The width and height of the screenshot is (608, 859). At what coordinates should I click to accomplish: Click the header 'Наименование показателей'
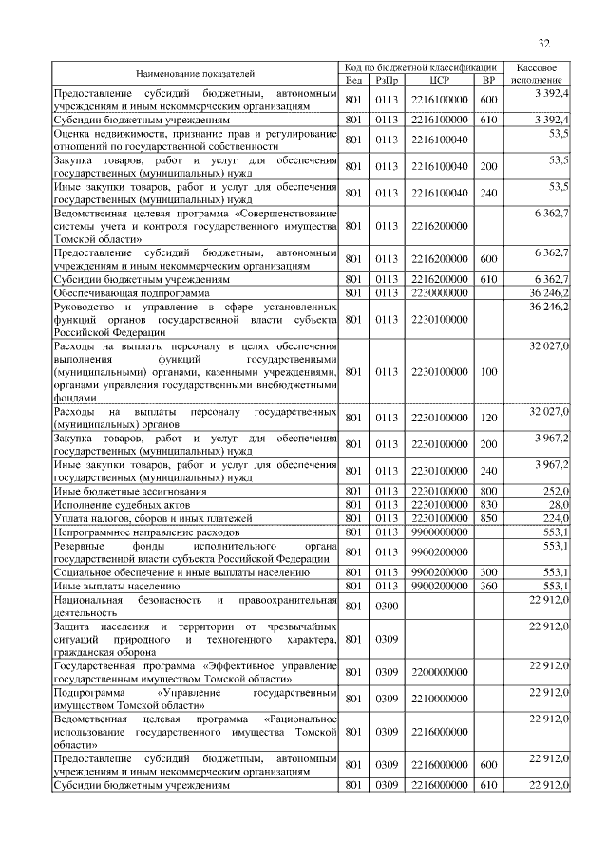click(x=196, y=74)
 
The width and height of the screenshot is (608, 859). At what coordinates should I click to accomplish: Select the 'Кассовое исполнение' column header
click(x=541, y=74)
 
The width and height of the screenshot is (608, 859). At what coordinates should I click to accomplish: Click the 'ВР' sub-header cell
click(x=489, y=81)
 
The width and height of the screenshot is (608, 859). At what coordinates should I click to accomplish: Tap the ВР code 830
click(x=489, y=504)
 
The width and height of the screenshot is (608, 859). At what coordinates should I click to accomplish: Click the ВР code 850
click(x=489, y=518)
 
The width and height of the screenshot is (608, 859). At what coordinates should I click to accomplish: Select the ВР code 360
click(x=489, y=587)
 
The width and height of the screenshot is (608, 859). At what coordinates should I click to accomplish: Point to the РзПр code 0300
click(x=386, y=607)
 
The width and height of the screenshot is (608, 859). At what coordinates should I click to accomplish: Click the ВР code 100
click(x=489, y=372)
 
